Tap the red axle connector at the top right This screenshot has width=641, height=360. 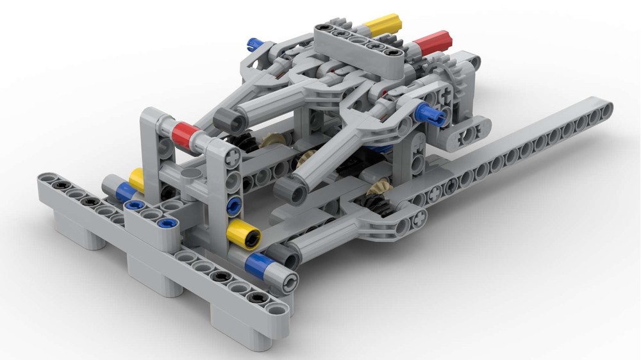pos(432,44)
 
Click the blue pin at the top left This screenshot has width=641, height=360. pos(254,44)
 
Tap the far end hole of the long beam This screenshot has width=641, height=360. pos(603,110)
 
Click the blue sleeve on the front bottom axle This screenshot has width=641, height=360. pos(260,263)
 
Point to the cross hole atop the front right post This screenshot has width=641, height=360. pos(231,156)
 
